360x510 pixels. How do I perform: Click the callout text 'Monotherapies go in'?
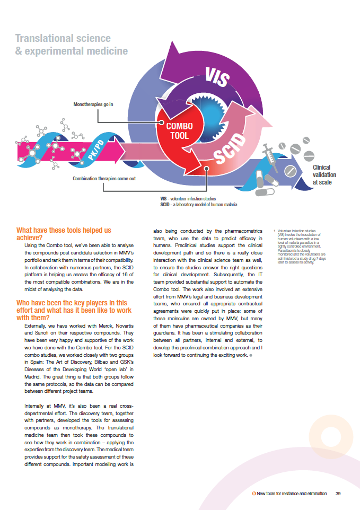click(x=93, y=104)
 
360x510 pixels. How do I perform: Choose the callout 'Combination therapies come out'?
click(x=104, y=179)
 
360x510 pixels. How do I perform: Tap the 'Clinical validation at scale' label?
click(x=324, y=175)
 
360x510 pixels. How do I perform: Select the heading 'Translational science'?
click(x=63, y=38)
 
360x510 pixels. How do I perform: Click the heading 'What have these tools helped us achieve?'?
click(x=64, y=234)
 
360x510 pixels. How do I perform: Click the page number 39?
click(x=338, y=494)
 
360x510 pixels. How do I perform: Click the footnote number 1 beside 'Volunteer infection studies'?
click(x=276, y=231)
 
